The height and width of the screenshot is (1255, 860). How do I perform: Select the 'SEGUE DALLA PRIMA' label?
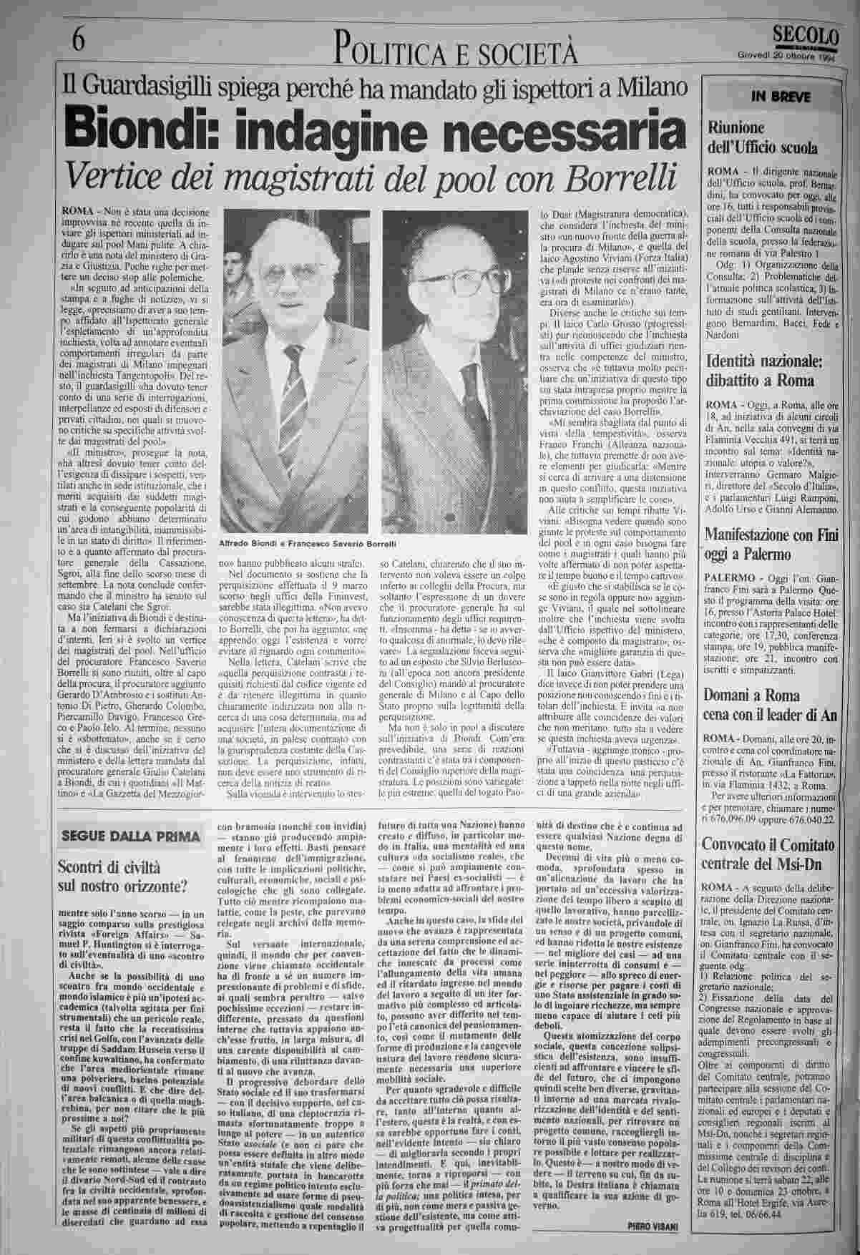132,836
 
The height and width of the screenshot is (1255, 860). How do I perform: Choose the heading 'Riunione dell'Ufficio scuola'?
763,138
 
